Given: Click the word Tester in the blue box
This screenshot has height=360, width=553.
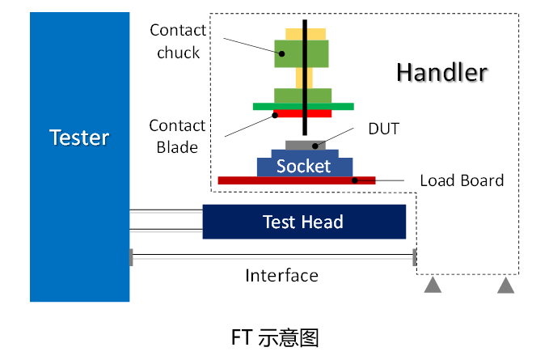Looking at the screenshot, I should pyautogui.click(x=79, y=137).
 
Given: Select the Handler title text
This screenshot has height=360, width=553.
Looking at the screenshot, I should pyautogui.click(x=441, y=72).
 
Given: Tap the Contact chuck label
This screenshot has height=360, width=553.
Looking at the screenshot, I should pyautogui.click(x=178, y=41).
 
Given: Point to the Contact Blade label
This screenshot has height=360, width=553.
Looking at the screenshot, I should pyautogui.click(x=177, y=136).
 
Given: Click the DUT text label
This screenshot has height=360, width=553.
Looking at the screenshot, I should pyautogui.click(x=383, y=128).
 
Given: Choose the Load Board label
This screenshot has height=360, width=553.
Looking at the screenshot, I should pyautogui.click(x=462, y=180).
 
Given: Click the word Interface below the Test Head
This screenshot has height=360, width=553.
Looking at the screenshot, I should pyautogui.click(x=281, y=275).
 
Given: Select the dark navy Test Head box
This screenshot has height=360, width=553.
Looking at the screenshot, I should pyautogui.click(x=303, y=222).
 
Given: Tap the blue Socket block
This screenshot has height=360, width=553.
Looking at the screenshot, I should pyautogui.click(x=304, y=166).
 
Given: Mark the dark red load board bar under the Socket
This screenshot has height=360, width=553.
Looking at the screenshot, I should pyautogui.click(x=297, y=180).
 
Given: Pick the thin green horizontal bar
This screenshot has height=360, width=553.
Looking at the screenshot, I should pyautogui.click(x=340, y=106).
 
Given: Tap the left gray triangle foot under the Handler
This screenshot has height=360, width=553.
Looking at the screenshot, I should pyautogui.click(x=433, y=285).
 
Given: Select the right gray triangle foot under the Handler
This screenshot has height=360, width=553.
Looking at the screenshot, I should pyautogui.click(x=506, y=285).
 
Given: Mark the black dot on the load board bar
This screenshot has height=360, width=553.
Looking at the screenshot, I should pyautogui.click(x=355, y=180).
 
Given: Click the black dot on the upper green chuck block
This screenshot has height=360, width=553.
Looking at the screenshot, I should pyautogui.click(x=281, y=53).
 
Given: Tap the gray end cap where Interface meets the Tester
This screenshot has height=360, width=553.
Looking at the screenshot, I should pyautogui.click(x=131, y=257).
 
